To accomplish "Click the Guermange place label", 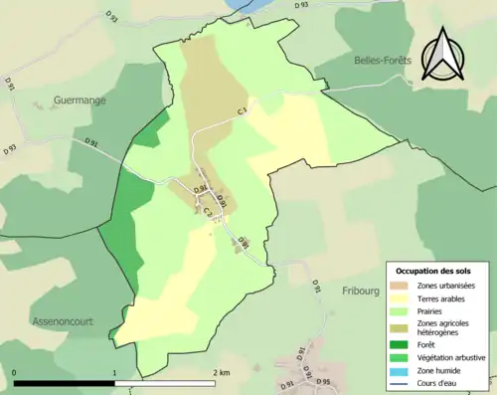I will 82,100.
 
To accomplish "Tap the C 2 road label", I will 209,211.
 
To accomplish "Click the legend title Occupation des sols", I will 433,271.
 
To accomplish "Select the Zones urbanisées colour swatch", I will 399,287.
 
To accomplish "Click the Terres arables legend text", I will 440,297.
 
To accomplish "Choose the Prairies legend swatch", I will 399,309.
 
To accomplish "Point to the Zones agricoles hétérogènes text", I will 443,327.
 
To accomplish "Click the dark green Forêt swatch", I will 399,345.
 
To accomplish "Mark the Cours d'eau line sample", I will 399,381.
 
